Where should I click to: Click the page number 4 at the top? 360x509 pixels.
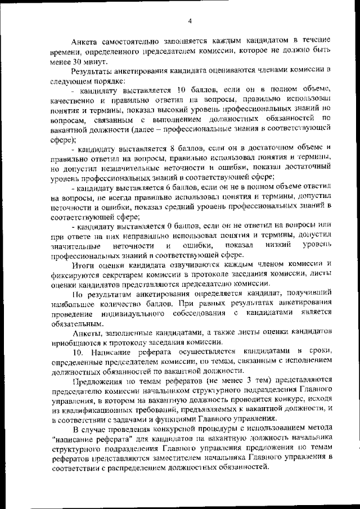pyautogui.click(x=190, y=21)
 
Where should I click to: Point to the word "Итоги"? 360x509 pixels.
pyautogui.click(x=83, y=267)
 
